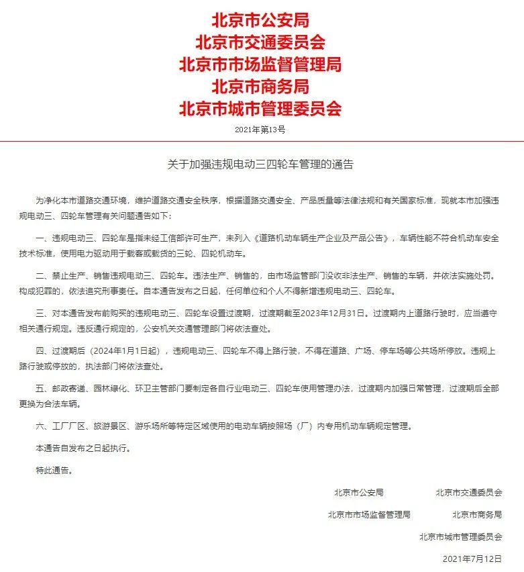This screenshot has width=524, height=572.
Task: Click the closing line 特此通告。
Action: (x=54, y=470)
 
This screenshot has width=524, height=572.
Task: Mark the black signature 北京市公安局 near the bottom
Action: (x=358, y=492)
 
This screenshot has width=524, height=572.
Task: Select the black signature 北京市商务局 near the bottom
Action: (x=477, y=514)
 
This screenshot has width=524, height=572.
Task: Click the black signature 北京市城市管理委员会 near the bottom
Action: (x=461, y=536)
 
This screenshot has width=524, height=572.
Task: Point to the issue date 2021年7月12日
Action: (x=472, y=559)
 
